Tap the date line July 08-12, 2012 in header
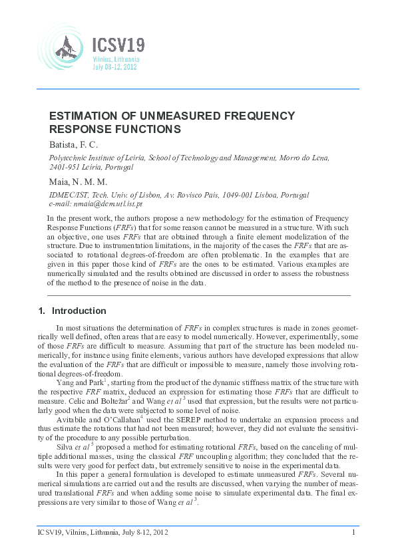click(x=115, y=67)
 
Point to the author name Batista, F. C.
click(x=74, y=144)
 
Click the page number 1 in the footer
click(x=353, y=531)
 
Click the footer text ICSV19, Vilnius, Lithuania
click(x=80, y=531)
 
